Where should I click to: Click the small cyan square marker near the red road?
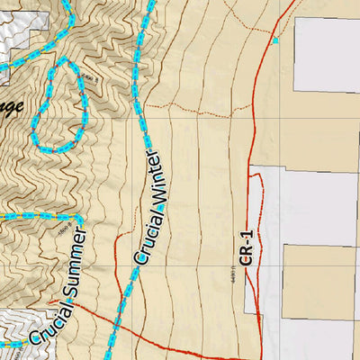pos(275,40)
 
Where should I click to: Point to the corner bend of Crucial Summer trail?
pos(81,219)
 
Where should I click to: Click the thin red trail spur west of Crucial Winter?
pos(116,261)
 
